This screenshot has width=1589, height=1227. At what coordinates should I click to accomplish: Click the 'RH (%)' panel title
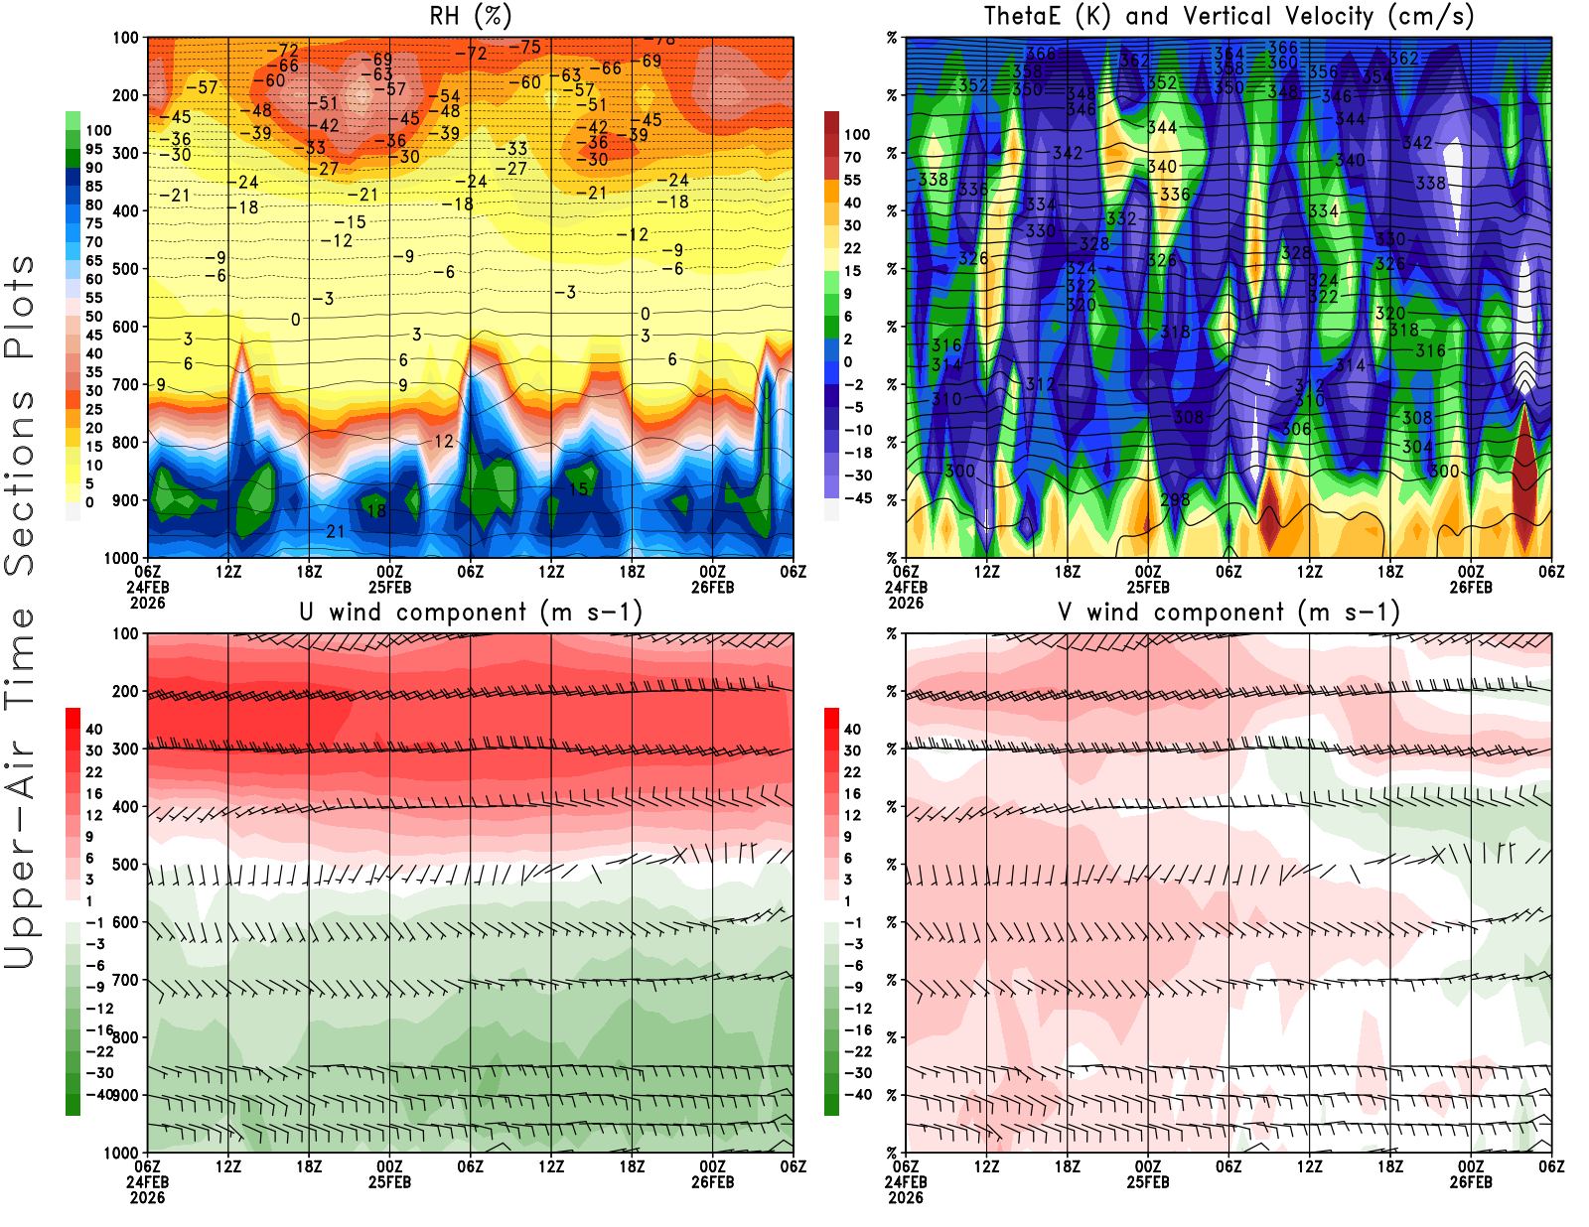coord(470,16)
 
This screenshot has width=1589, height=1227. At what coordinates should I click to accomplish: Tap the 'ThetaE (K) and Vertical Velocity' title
coord(1228,16)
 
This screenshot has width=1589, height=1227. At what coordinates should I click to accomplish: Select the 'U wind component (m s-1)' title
coord(471,612)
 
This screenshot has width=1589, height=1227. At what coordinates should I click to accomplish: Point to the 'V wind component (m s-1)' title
coord(1228,612)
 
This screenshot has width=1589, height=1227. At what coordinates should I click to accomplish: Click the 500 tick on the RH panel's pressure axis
coord(126,269)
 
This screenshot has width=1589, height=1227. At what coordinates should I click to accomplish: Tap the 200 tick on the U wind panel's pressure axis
coord(126,692)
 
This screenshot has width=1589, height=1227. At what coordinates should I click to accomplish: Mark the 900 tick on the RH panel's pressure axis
coord(126,500)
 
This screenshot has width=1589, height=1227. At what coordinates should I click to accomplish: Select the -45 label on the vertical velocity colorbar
coord(857,498)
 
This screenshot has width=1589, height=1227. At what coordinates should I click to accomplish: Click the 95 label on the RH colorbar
coord(93,149)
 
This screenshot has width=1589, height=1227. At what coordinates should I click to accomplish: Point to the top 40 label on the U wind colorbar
coord(93,729)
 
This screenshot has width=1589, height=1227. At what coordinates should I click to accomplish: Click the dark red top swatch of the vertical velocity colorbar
coord(831,123)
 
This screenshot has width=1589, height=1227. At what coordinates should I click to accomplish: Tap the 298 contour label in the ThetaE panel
coord(1175,499)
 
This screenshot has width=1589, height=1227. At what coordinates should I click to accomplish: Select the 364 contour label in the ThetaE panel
coord(1228,54)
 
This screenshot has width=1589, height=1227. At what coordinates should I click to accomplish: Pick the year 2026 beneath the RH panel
coord(147,603)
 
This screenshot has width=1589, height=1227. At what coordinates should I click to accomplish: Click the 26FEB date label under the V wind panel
coord(1471,1182)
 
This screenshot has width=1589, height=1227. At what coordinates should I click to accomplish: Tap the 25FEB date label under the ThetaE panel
coord(1148,587)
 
